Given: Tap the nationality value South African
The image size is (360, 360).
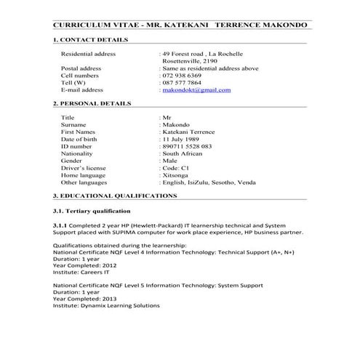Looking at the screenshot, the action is tap(186, 153).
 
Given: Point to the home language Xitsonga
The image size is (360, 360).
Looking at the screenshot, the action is tap(179, 175).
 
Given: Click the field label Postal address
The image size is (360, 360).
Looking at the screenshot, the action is tap(81, 68).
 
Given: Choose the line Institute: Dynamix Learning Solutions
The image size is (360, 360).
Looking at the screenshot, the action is tap(106, 306).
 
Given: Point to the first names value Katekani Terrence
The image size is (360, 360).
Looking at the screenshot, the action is tap(191, 132).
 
